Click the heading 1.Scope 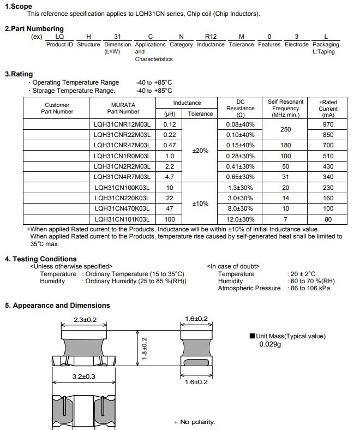click(x=19, y=6)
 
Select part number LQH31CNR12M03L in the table click(x=123, y=124)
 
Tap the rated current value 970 click(x=328, y=124)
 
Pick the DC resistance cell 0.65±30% click(x=241, y=177)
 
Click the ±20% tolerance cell click(x=200, y=151)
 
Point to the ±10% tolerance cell click(x=200, y=204)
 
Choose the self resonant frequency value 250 click(x=285, y=130)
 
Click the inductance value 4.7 click(x=169, y=177)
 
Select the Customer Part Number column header click(x=57, y=108)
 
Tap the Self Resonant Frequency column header click(x=285, y=108)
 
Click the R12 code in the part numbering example click(x=211, y=37)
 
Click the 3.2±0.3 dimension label click(x=84, y=377)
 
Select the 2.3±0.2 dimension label click(x=85, y=319)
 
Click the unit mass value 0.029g click(x=270, y=344)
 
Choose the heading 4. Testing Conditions click(x=41, y=259)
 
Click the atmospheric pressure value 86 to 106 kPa click(x=309, y=288)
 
